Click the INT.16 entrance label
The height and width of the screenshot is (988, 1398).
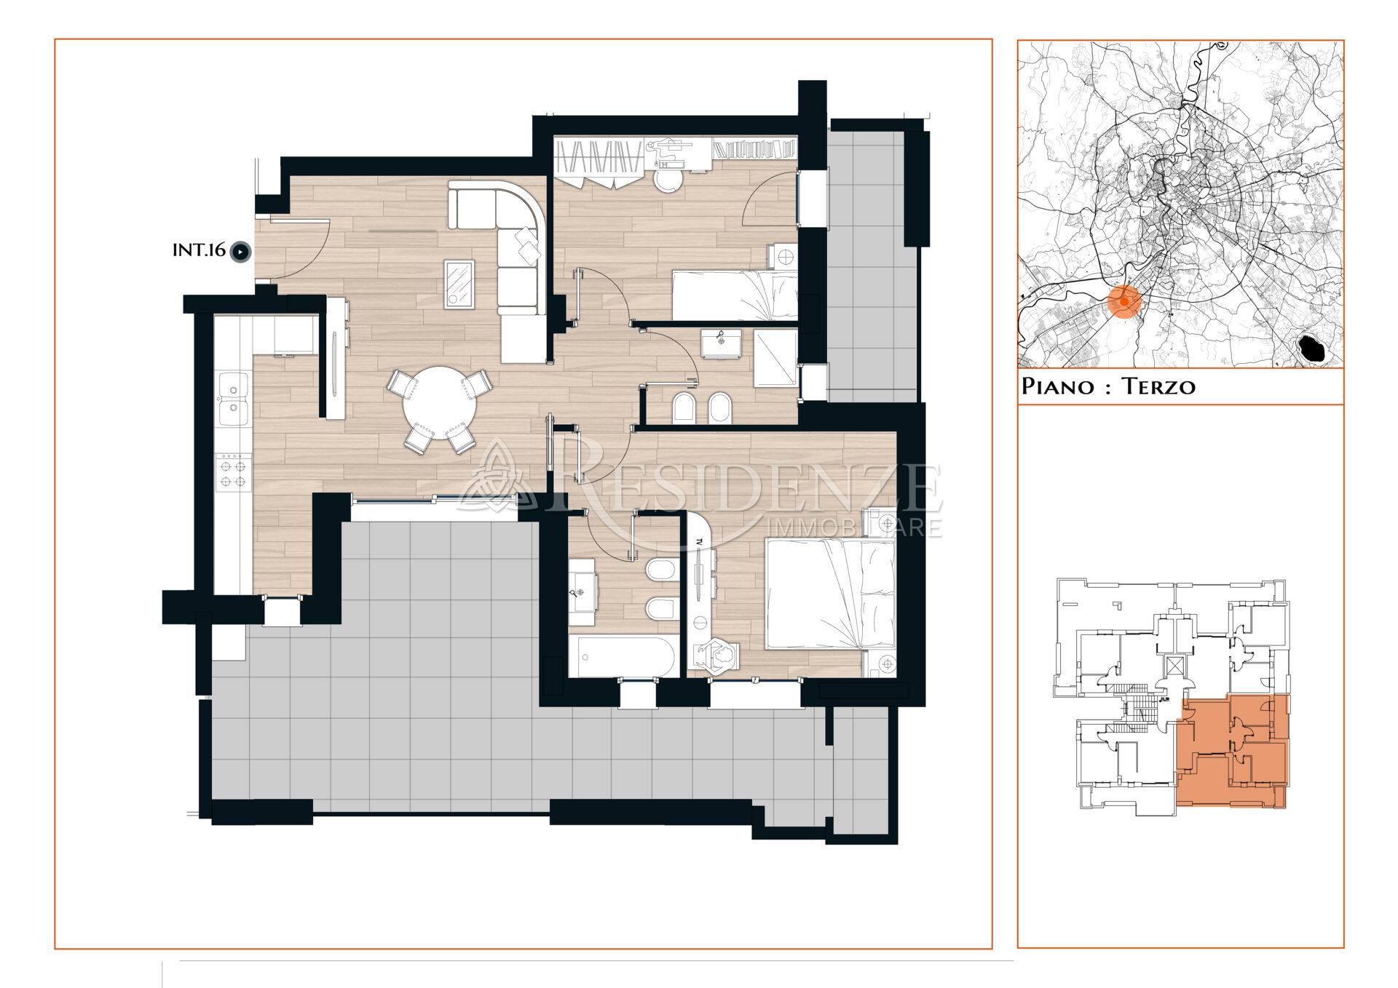199,251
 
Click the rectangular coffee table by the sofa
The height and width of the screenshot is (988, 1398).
459,284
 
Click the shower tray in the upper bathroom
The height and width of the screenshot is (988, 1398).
775,358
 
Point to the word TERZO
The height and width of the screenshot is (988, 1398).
1158,386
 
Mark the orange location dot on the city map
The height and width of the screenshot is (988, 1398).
1125,301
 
